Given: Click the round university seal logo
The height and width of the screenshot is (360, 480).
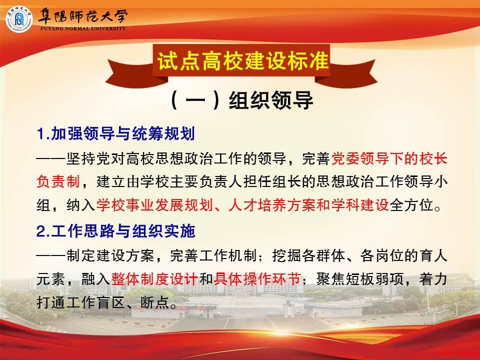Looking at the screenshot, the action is pyautogui.click(x=19, y=19).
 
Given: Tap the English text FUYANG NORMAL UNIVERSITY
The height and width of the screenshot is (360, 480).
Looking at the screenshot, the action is pyautogui.click(x=83, y=28).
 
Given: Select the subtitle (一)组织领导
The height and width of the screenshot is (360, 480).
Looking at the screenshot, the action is pyautogui.click(x=241, y=100).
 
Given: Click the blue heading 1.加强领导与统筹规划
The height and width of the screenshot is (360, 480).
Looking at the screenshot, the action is pyautogui.click(x=115, y=133).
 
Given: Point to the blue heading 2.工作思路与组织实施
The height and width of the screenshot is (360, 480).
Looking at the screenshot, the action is pyautogui.click(x=115, y=231).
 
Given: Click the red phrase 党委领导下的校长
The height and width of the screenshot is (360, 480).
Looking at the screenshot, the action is pyautogui.click(x=389, y=158).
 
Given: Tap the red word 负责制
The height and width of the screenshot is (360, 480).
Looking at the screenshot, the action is pyautogui.click(x=58, y=181).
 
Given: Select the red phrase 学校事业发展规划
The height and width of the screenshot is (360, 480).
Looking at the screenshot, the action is pyautogui.click(x=154, y=205).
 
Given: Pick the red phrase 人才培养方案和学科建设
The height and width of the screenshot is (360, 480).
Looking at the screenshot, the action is pyautogui.click(x=308, y=205).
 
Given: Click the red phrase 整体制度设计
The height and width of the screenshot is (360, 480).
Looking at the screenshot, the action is pyautogui.click(x=154, y=278).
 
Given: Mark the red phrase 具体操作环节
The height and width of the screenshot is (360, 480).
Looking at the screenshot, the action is pyautogui.click(x=257, y=278).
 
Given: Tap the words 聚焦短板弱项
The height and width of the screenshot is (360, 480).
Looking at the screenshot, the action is pyautogui.click(x=359, y=278).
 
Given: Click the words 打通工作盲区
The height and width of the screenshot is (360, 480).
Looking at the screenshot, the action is pyautogui.click(x=80, y=302).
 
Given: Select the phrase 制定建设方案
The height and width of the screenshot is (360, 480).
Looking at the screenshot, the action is pyautogui.click(x=110, y=255).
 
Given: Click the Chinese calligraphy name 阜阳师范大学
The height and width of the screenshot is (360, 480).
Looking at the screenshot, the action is pyautogui.click(x=82, y=15).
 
